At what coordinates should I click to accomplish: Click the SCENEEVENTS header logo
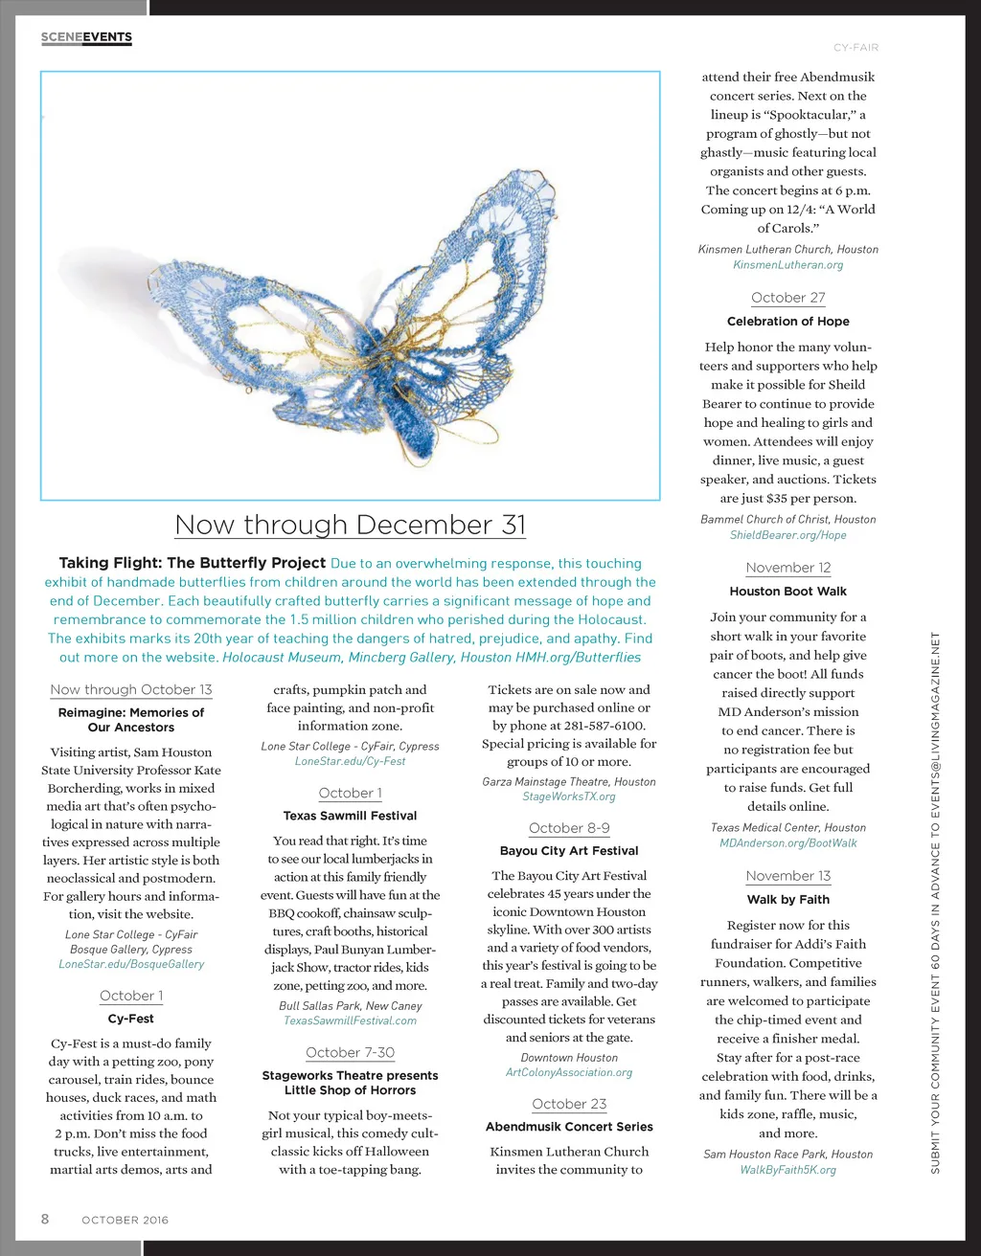click(x=86, y=37)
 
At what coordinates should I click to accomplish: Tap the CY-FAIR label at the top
click(x=856, y=47)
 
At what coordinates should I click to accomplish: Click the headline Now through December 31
click(x=350, y=525)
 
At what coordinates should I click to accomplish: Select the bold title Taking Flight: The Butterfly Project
click(x=193, y=563)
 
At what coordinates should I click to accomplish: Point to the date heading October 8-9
click(x=569, y=828)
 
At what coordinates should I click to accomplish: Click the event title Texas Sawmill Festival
click(x=350, y=816)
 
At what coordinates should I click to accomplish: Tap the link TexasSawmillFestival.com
click(x=350, y=1020)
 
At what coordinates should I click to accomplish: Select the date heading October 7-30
click(x=350, y=1052)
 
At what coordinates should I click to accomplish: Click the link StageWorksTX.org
click(x=569, y=796)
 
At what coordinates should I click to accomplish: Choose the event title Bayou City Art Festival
click(x=569, y=850)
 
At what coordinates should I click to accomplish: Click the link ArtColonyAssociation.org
click(x=569, y=1072)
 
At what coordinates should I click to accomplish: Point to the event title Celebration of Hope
click(x=787, y=322)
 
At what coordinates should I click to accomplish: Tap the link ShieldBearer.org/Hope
click(x=787, y=535)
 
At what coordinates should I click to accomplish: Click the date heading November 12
click(x=787, y=568)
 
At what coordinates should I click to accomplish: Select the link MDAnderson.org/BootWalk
click(x=787, y=843)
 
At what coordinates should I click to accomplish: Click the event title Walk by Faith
click(x=787, y=900)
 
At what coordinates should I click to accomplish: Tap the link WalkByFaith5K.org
click(x=787, y=1170)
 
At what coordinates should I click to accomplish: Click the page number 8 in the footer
click(x=45, y=1219)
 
